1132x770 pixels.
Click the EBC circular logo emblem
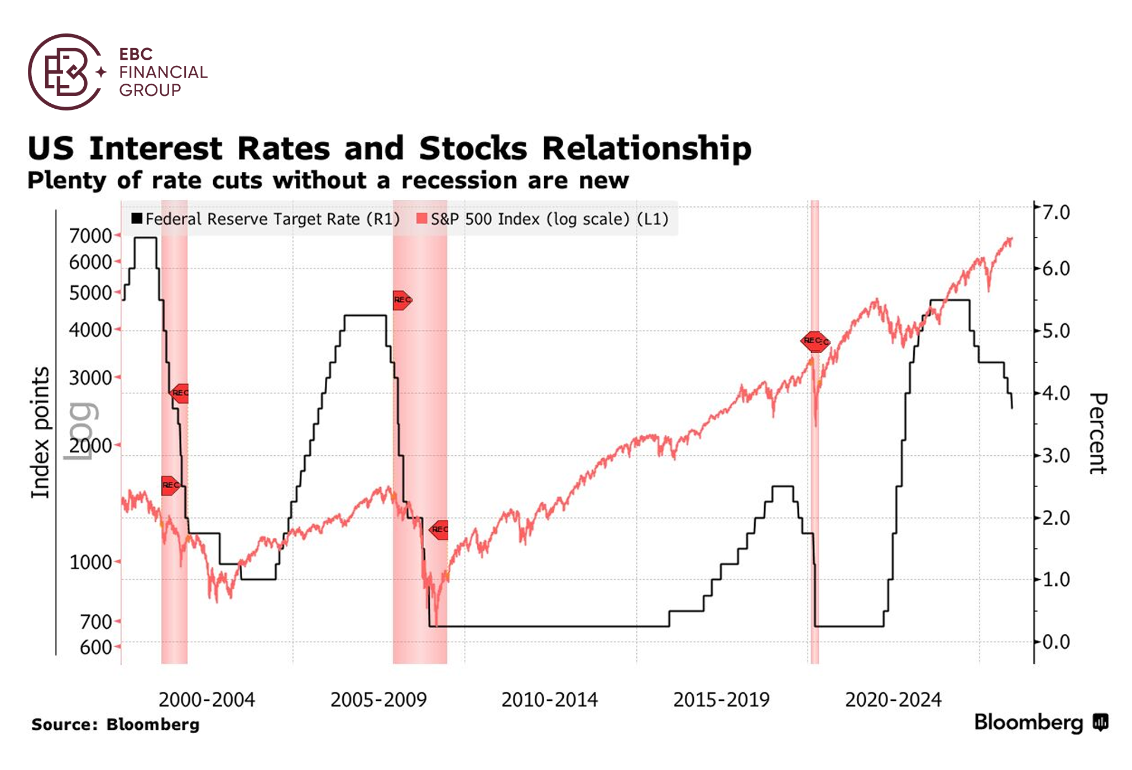click(66, 72)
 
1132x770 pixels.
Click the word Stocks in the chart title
click(473, 149)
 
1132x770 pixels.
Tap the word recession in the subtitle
click(459, 181)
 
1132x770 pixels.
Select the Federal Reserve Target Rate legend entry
click(266, 219)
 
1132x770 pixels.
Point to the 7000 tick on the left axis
click(91, 235)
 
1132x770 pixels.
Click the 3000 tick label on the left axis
click(91, 378)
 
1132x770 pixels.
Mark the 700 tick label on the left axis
click(97, 621)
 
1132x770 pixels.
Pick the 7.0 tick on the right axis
click(1056, 213)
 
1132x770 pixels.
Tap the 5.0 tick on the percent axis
click(1056, 331)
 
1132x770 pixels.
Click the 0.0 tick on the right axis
click(1056, 642)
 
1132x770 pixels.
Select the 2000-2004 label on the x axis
click(207, 700)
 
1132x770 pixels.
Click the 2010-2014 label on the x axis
click(549, 700)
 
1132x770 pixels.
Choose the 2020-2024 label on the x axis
click(893, 700)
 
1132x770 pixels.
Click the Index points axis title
click(40, 432)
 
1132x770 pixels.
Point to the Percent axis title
click(1097, 433)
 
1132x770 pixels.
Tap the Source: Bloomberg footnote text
click(115, 724)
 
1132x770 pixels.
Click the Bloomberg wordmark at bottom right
click(1028, 722)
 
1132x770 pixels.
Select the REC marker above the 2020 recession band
click(815, 341)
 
